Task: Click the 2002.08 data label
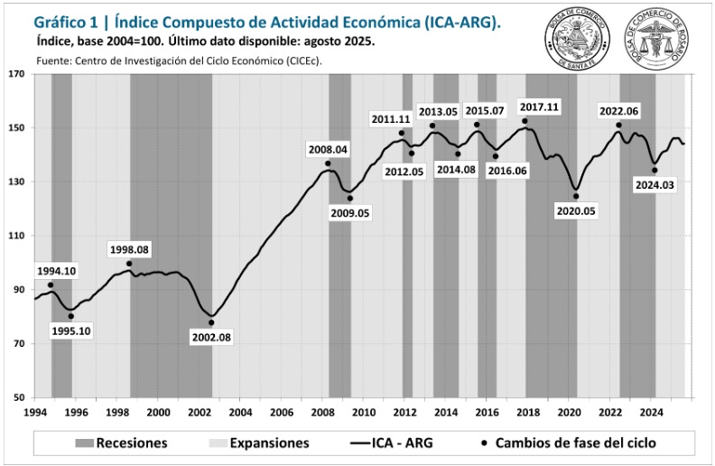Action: [211, 337]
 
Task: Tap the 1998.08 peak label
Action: [128, 249]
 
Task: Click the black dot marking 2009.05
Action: [350, 199]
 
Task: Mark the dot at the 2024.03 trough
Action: [655, 170]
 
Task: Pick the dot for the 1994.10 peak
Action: [51, 285]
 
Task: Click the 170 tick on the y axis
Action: [17, 74]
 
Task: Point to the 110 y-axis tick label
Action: [17, 236]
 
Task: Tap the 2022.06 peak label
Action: [619, 111]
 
